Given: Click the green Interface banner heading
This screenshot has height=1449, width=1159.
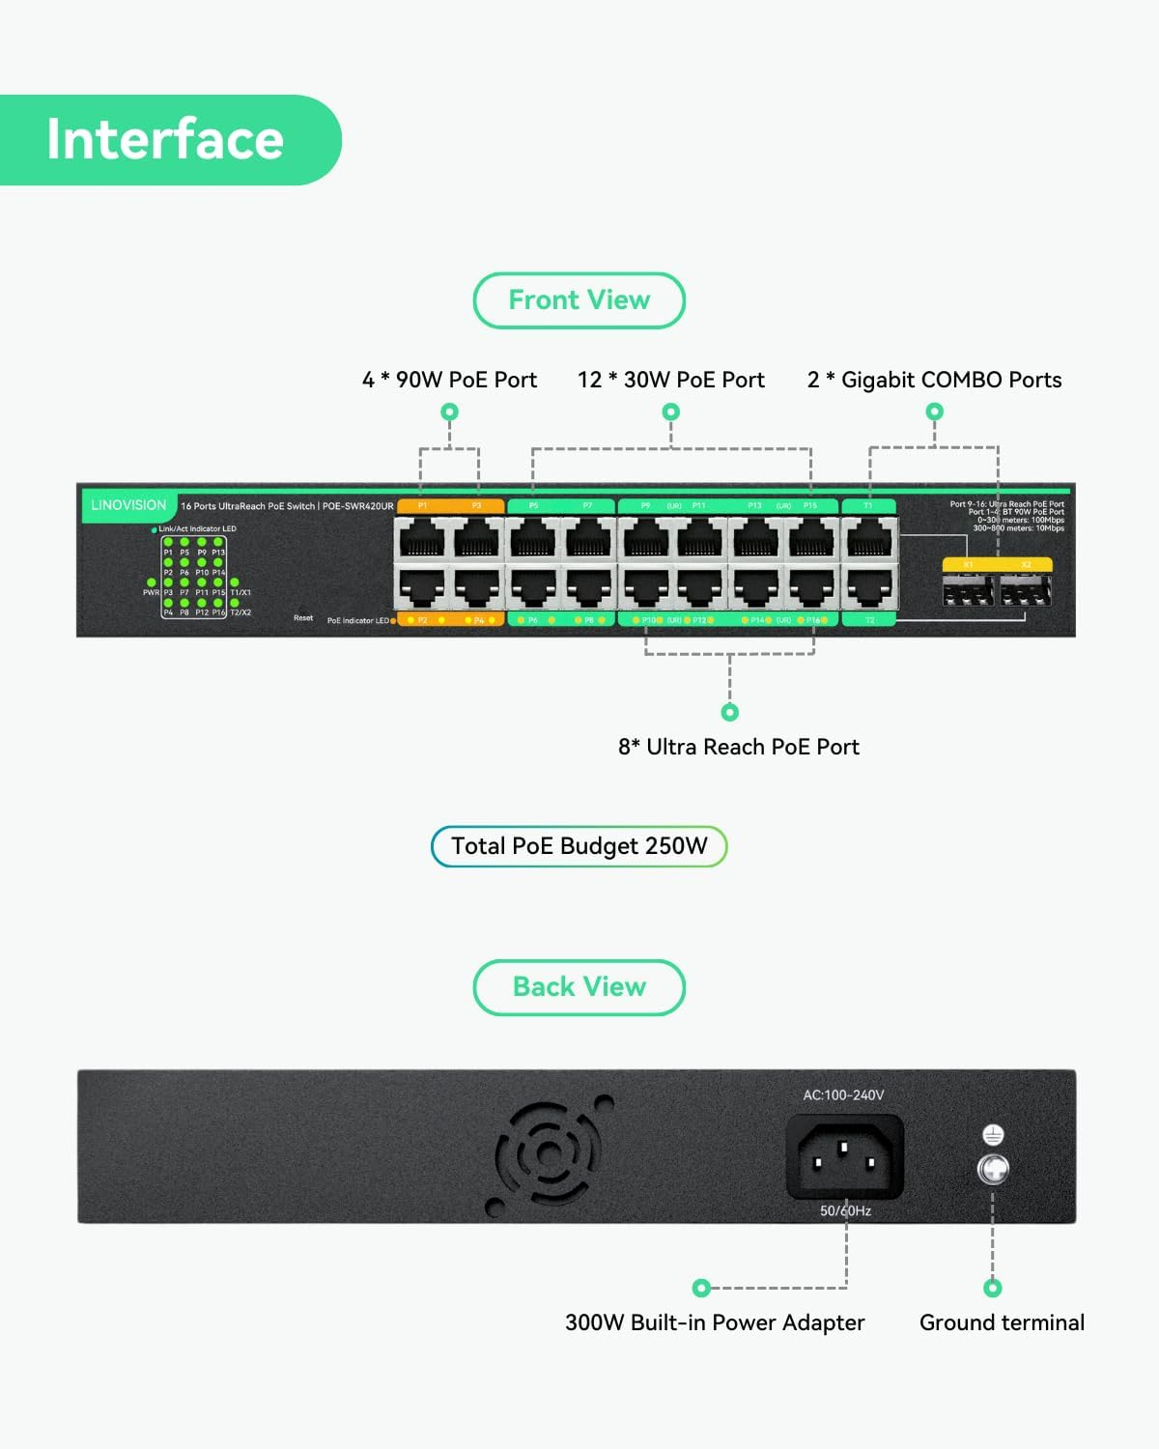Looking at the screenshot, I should [165, 140].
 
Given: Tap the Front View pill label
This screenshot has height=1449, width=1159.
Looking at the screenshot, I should [579, 300].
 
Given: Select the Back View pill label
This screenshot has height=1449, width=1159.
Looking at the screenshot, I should [579, 987].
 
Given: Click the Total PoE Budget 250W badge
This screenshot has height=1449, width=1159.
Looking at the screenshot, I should [579, 846].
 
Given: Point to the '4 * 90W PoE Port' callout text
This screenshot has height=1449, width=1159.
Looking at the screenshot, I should [449, 380].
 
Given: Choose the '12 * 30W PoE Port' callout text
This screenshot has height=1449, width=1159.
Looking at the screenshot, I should [670, 380].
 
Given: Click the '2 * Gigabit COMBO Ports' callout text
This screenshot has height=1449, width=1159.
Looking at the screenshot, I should [934, 380].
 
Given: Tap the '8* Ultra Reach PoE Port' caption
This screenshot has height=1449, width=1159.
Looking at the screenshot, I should [738, 747].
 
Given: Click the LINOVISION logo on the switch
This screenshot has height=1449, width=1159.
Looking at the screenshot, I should [128, 505].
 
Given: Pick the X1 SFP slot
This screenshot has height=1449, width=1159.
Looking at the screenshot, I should [968, 589].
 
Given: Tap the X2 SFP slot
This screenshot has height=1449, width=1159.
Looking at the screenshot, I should [1026, 589].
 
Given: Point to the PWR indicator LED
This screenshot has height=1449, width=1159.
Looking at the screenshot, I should [152, 582].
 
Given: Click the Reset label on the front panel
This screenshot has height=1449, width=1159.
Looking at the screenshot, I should [303, 618].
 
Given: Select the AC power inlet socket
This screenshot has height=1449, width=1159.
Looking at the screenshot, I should [845, 1156].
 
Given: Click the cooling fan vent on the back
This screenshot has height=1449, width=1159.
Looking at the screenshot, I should [550, 1154].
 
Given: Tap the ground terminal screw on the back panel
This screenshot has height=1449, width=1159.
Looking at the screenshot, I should [993, 1169].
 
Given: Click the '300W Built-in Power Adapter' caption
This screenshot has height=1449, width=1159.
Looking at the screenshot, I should [715, 1322].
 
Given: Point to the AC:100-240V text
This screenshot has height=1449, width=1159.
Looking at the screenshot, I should [843, 1095].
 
